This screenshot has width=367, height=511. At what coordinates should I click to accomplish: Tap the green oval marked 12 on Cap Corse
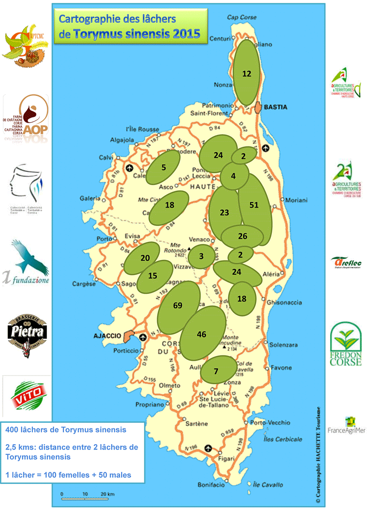pos(247,73)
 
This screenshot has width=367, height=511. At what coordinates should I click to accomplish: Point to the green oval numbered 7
pos(217,370)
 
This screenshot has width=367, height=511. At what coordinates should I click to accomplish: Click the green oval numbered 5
pos(163,167)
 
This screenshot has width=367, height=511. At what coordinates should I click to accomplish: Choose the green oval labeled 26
pos(243,236)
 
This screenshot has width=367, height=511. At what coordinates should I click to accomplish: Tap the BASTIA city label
pos(276,107)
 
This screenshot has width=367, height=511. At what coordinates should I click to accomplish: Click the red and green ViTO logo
pos(27,391)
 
